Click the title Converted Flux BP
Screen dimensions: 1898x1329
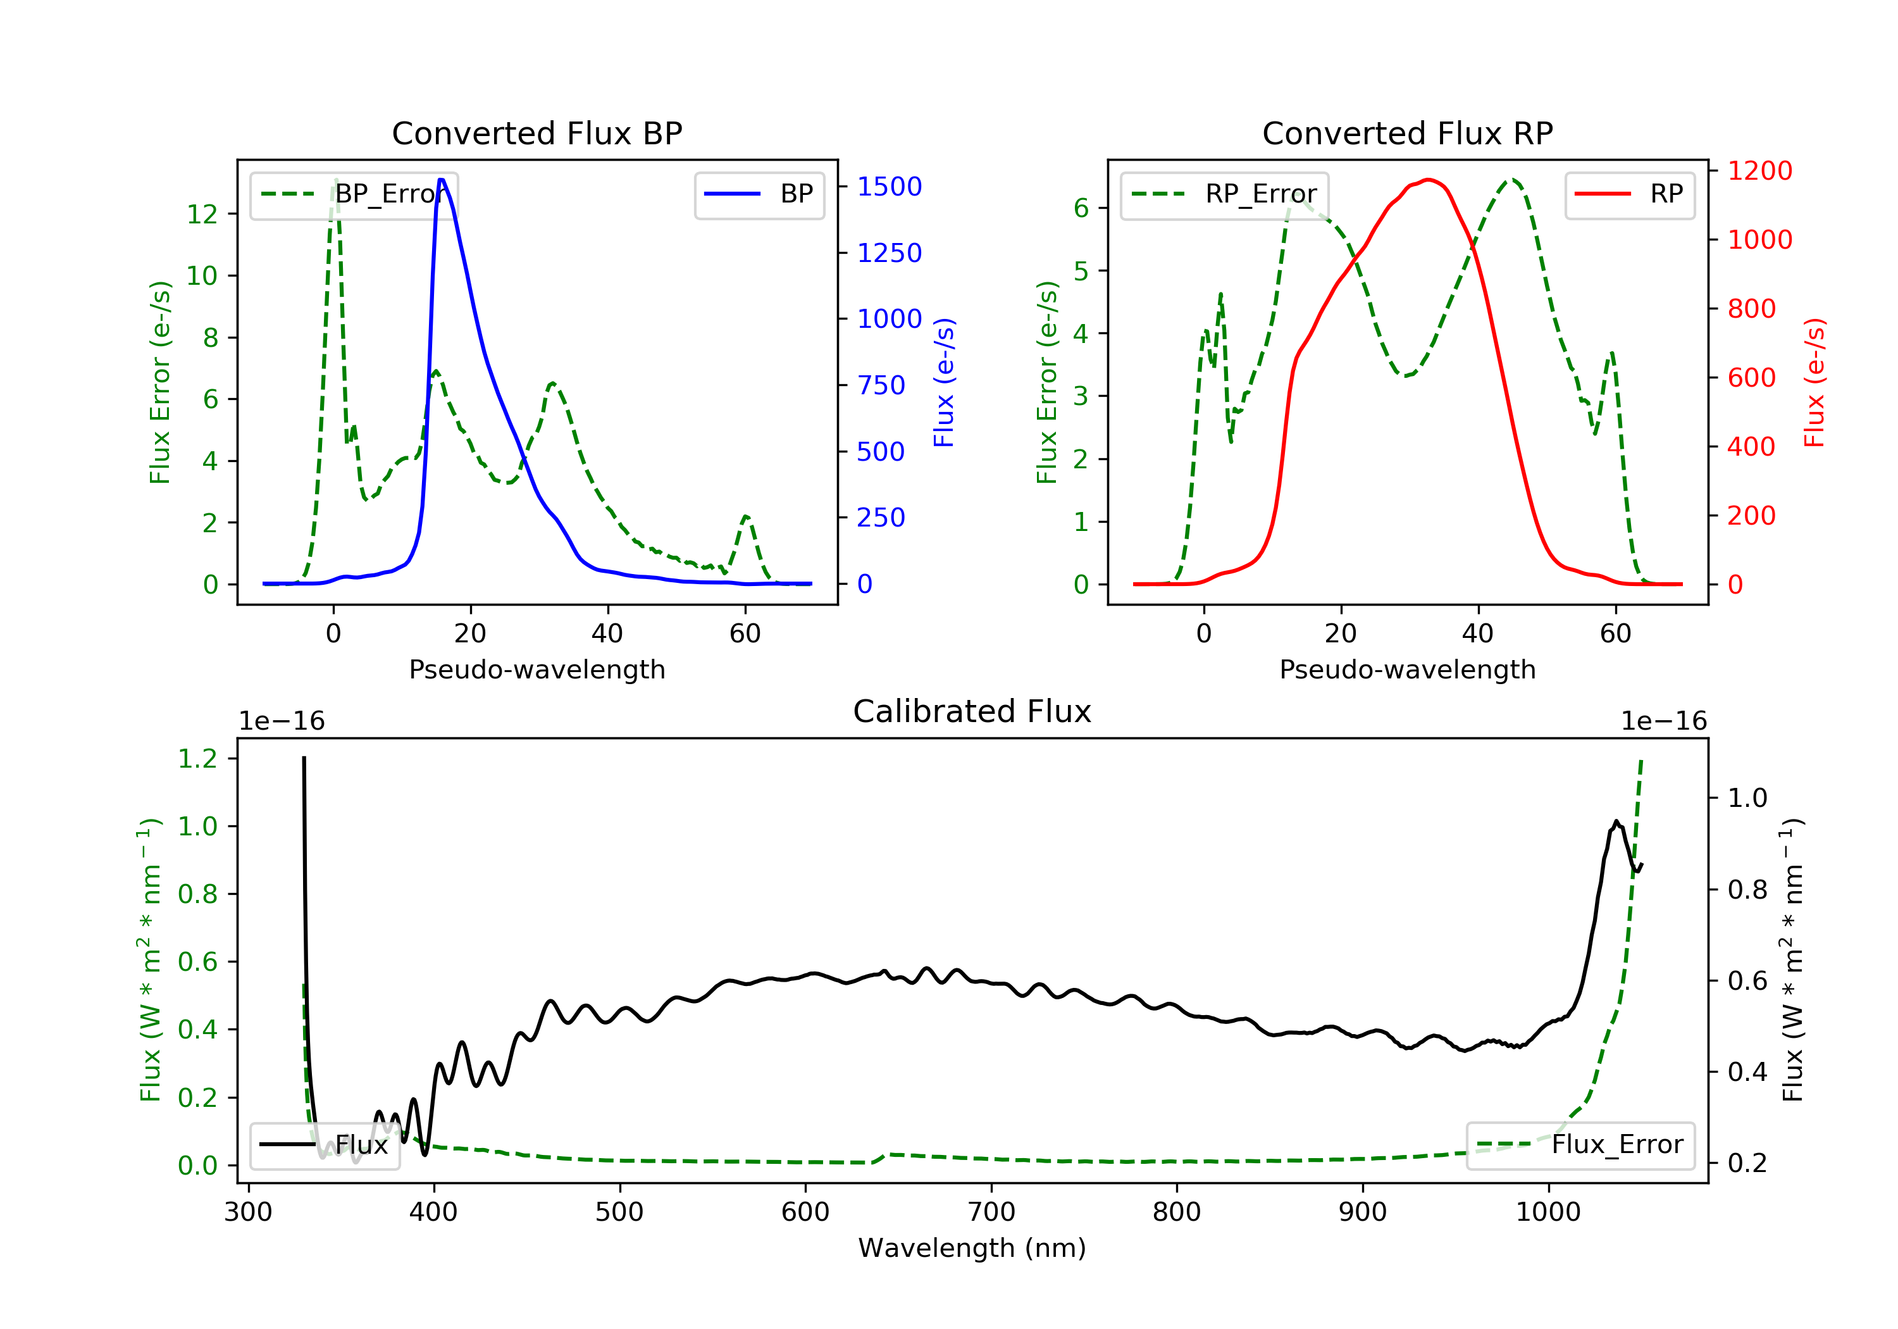(x=537, y=133)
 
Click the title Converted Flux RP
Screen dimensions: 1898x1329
(x=1407, y=133)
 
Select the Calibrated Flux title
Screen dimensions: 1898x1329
(x=972, y=711)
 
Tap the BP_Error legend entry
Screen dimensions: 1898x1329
(x=354, y=194)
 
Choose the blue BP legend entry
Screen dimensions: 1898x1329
(x=759, y=194)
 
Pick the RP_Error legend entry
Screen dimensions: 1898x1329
(x=1224, y=194)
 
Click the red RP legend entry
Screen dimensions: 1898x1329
(x=1629, y=194)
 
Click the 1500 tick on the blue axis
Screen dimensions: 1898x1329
(x=890, y=187)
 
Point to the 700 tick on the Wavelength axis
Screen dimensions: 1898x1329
(x=991, y=1211)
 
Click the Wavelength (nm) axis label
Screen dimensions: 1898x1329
(x=972, y=1248)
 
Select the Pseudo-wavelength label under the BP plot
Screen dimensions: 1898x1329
(x=537, y=669)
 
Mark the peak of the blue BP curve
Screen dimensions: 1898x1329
(x=442, y=180)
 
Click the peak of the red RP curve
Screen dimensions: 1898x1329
(x=1429, y=180)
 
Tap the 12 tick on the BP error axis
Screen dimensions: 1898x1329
(x=202, y=214)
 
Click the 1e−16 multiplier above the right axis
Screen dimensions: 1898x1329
(x=1663, y=721)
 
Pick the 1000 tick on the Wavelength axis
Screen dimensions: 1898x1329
(x=1548, y=1211)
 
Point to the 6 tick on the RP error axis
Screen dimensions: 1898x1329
(x=1081, y=208)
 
